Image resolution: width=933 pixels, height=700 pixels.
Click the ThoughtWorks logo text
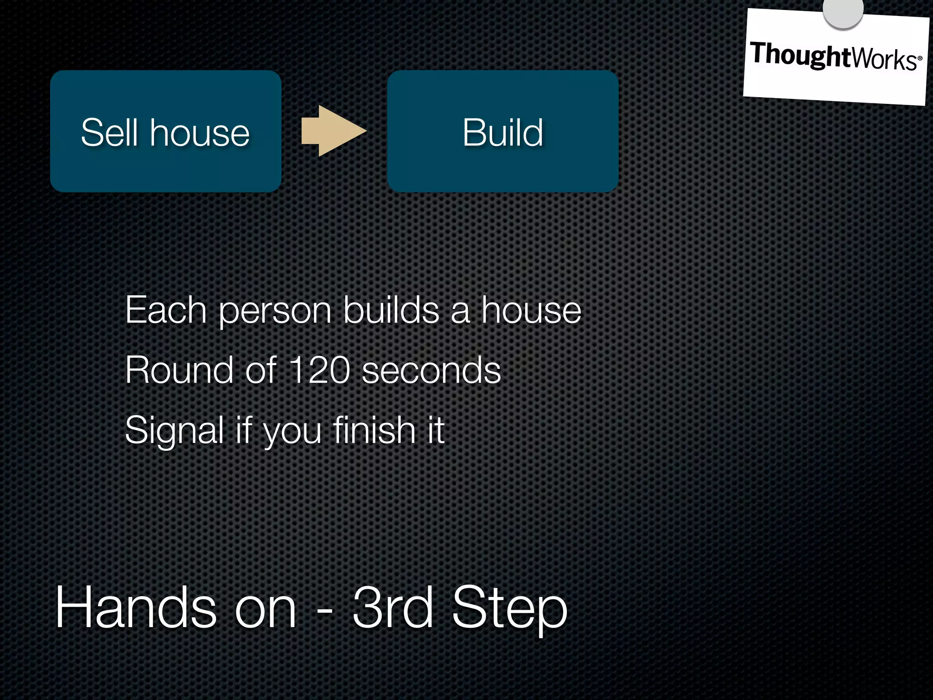point(836,57)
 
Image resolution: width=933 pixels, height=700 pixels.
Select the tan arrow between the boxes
point(334,131)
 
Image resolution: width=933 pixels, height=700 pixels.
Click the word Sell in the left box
point(109,133)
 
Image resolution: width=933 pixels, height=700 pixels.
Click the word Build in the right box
point(502,133)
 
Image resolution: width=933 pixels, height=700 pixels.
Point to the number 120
point(319,370)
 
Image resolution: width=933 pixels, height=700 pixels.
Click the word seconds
point(431,370)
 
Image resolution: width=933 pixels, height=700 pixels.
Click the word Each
point(166,310)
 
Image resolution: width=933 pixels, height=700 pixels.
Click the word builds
point(391,310)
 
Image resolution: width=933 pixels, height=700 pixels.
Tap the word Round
point(179,370)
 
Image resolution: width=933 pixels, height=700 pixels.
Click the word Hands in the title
point(135,608)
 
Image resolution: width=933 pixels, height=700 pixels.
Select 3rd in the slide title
point(393,608)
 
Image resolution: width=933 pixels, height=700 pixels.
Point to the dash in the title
point(324,611)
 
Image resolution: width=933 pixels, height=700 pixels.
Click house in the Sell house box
point(200,133)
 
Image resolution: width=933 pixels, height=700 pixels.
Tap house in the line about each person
point(531,310)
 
